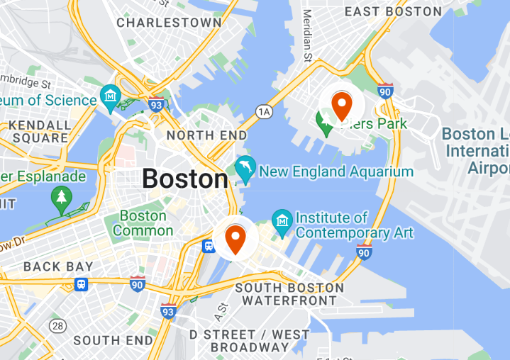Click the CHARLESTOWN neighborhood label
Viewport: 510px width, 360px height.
(x=169, y=23)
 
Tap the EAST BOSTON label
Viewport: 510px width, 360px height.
(x=393, y=11)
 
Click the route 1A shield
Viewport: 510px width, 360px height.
(x=264, y=111)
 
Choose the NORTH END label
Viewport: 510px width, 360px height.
(x=206, y=135)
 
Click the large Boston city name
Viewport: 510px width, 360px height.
(x=184, y=178)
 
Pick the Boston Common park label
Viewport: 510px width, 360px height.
(x=143, y=223)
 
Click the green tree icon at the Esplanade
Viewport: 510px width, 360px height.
(x=62, y=196)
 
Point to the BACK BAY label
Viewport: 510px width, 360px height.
(x=58, y=267)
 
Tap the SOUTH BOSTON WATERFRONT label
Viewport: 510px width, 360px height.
(x=289, y=294)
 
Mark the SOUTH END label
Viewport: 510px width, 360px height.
(x=113, y=340)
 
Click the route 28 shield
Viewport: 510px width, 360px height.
(x=57, y=325)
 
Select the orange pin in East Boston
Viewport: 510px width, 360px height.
(x=342, y=106)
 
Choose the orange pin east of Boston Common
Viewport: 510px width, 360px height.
(x=235, y=239)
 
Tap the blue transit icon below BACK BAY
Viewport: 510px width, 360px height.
(x=82, y=284)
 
